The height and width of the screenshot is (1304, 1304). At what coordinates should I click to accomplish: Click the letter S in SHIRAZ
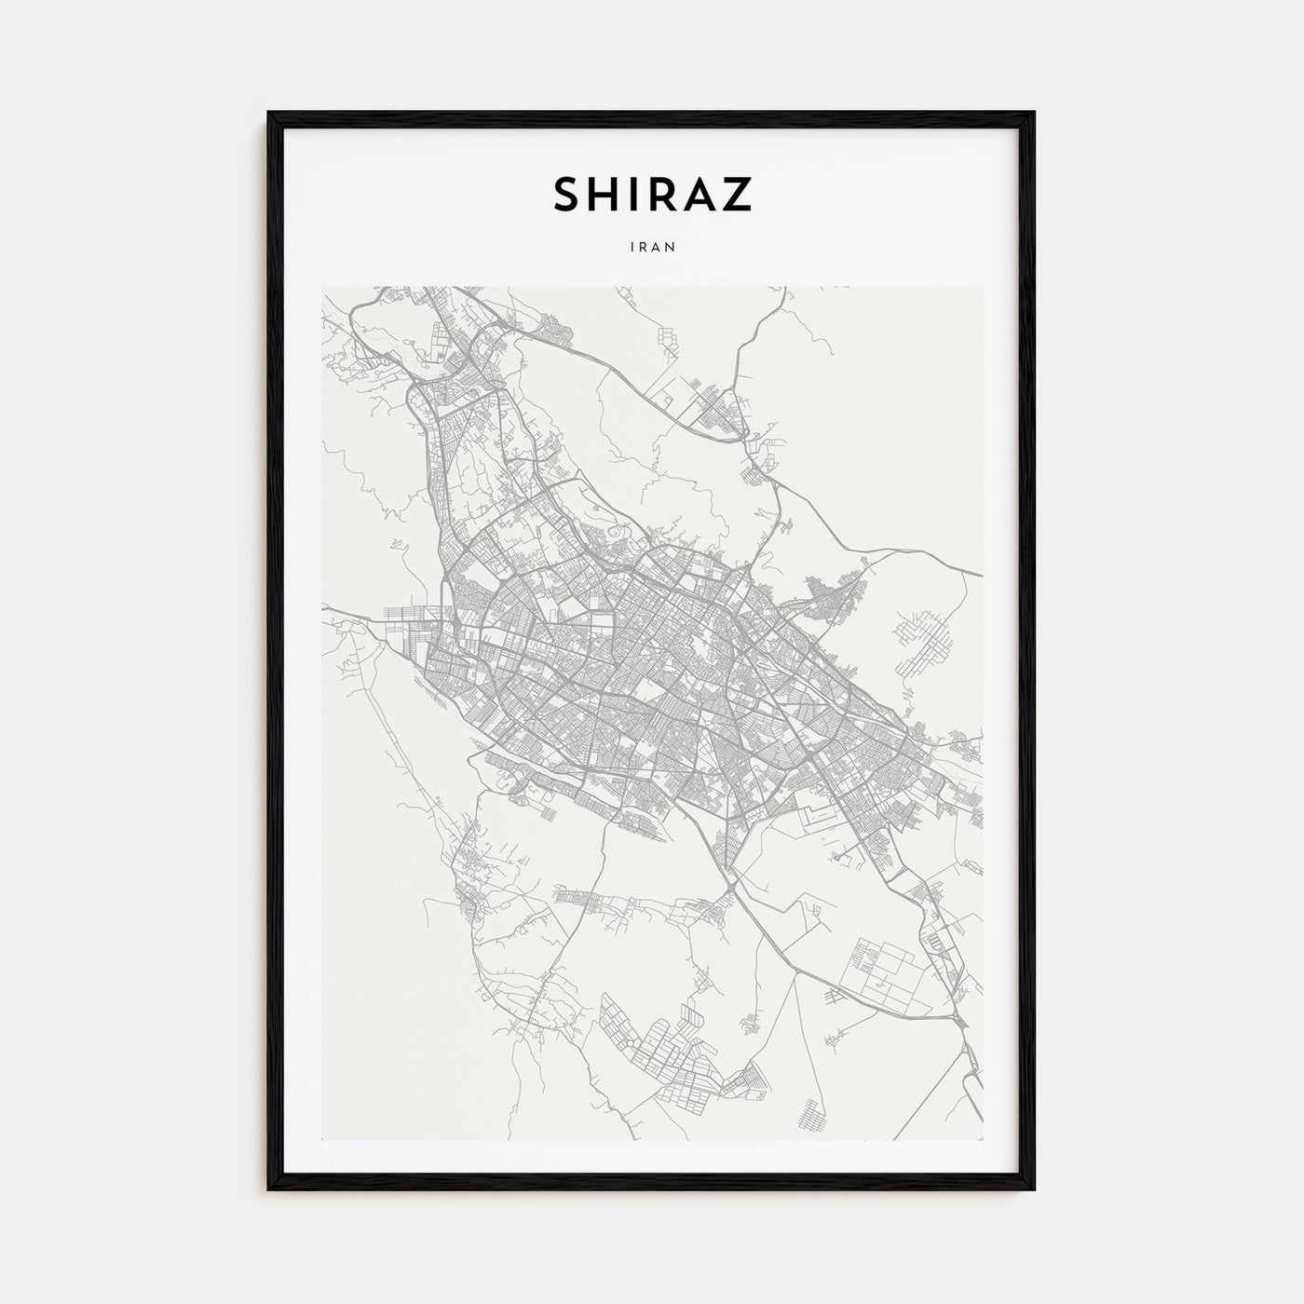567,194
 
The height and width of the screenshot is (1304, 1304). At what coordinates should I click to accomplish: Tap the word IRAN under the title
652,248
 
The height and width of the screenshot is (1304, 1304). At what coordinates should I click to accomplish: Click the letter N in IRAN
669,248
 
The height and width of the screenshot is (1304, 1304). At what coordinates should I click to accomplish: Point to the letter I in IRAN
632,248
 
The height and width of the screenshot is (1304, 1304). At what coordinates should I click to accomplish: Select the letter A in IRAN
656,248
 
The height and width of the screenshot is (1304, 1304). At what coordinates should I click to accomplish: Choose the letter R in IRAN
643,248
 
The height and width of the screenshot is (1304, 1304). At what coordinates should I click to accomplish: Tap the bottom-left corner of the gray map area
323,1139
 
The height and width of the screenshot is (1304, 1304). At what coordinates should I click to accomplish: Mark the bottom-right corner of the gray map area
982,1139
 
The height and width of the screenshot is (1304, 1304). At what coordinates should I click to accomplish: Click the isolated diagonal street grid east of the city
917,643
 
